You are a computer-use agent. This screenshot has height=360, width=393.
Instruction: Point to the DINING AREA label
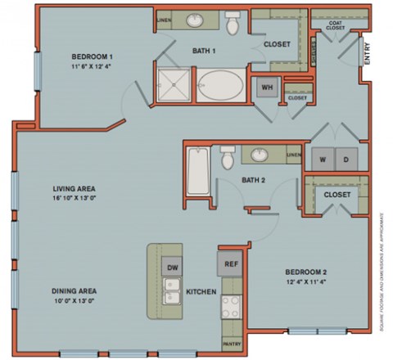point(75,291)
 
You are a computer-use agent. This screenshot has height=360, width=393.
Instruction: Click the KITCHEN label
point(201,291)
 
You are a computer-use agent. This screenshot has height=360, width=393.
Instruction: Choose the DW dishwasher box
point(172,268)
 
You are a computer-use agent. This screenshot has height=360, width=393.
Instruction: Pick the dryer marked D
point(346,159)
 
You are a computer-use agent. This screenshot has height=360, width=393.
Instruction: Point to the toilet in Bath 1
point(233,25)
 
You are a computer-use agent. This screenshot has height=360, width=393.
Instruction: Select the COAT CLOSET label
point(335,25)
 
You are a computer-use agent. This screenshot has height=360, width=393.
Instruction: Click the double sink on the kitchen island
point(172,290)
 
